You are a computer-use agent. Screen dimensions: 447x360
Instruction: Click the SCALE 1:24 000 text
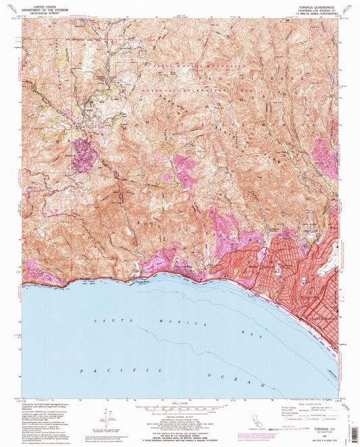click(180, 403)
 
